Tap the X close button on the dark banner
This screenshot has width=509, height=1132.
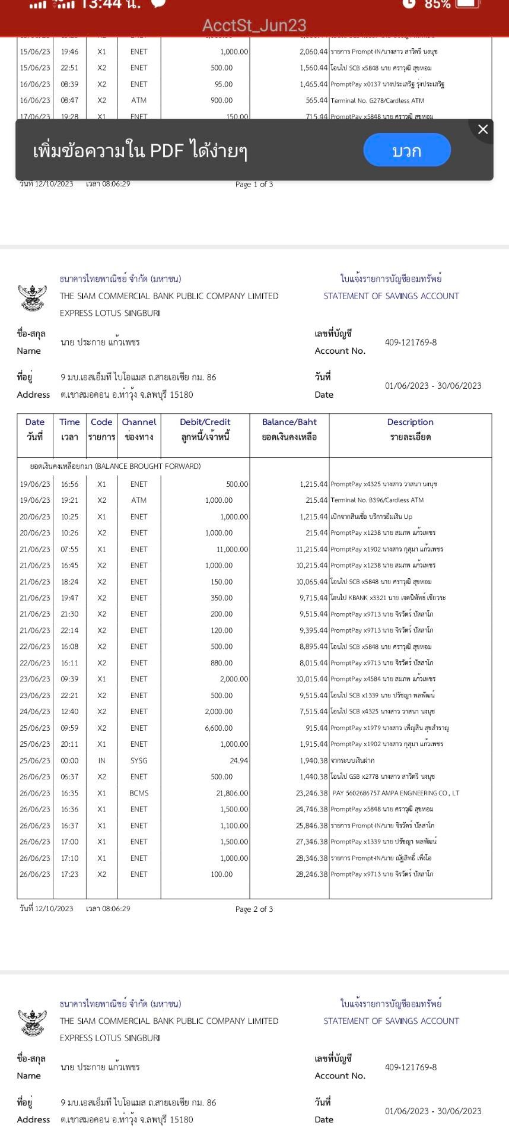click(483, 129)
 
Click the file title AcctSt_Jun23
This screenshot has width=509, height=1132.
click(254, 26)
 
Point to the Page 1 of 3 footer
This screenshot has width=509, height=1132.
click(254, 185)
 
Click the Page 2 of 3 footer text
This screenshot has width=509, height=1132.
click(254, 909)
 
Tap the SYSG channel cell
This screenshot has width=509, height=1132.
click(139, 760)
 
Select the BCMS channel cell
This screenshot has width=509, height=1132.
click(139, 793)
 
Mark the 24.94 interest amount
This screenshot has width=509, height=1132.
click(239, 760)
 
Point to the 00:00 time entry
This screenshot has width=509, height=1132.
click(69, 760)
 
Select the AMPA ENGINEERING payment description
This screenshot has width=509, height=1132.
click(396, 793)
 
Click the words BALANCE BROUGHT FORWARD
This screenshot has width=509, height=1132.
click(148, 467)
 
